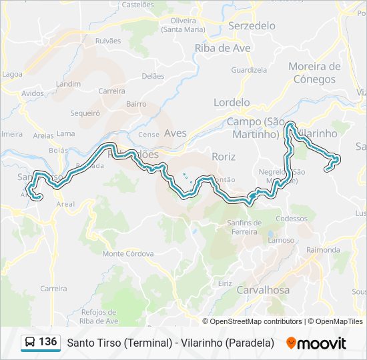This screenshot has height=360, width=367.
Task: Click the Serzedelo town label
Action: pos(252,25)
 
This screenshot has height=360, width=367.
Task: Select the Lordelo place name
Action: pos(232,103)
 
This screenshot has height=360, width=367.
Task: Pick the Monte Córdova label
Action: pos(128,253)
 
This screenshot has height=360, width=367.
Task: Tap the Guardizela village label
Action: pos(248,70)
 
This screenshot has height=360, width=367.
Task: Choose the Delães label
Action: pos(153,76)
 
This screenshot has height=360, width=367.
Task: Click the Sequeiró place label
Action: pos(85,113)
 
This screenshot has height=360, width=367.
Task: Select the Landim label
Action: pos(68,84)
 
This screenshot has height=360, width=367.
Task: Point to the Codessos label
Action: pos(291,219)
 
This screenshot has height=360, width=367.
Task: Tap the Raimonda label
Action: pos(323,249)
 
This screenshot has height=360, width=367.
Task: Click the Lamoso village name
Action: pos(280,240)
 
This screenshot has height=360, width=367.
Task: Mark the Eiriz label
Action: pos(226,283)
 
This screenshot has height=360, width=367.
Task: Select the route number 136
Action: pos(48,342)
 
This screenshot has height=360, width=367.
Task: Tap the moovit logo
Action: pos(316,343)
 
